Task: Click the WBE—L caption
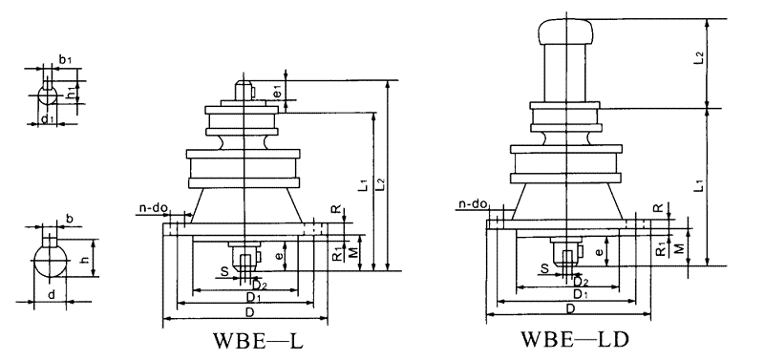[258, 341]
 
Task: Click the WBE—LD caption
[575, 339]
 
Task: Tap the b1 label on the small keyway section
[65, 60]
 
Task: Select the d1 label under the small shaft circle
[47, 118]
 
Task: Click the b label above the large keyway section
[69, 219]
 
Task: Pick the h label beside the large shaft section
[86, 260]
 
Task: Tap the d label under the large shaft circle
[52, 294]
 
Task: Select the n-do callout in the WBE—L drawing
[154, 208]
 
